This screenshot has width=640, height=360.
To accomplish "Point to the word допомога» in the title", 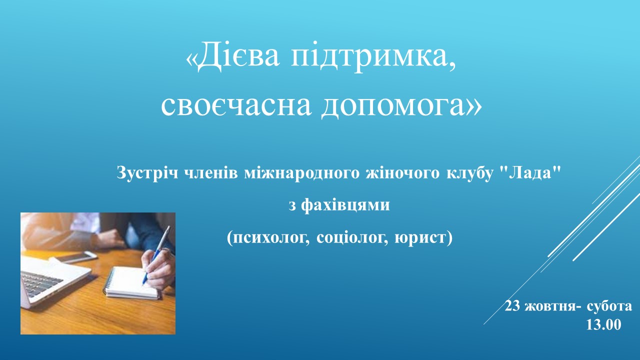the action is [x=401, y=107].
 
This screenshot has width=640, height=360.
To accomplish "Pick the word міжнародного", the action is [x=301, y=173].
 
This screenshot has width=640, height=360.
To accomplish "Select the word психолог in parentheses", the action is [x=268, y=238].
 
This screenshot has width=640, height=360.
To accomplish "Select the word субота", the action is [x=609, y=306].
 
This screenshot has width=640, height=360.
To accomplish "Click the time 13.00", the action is [x=603, y=325].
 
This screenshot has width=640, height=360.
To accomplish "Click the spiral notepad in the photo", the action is [x=131, y=283].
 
